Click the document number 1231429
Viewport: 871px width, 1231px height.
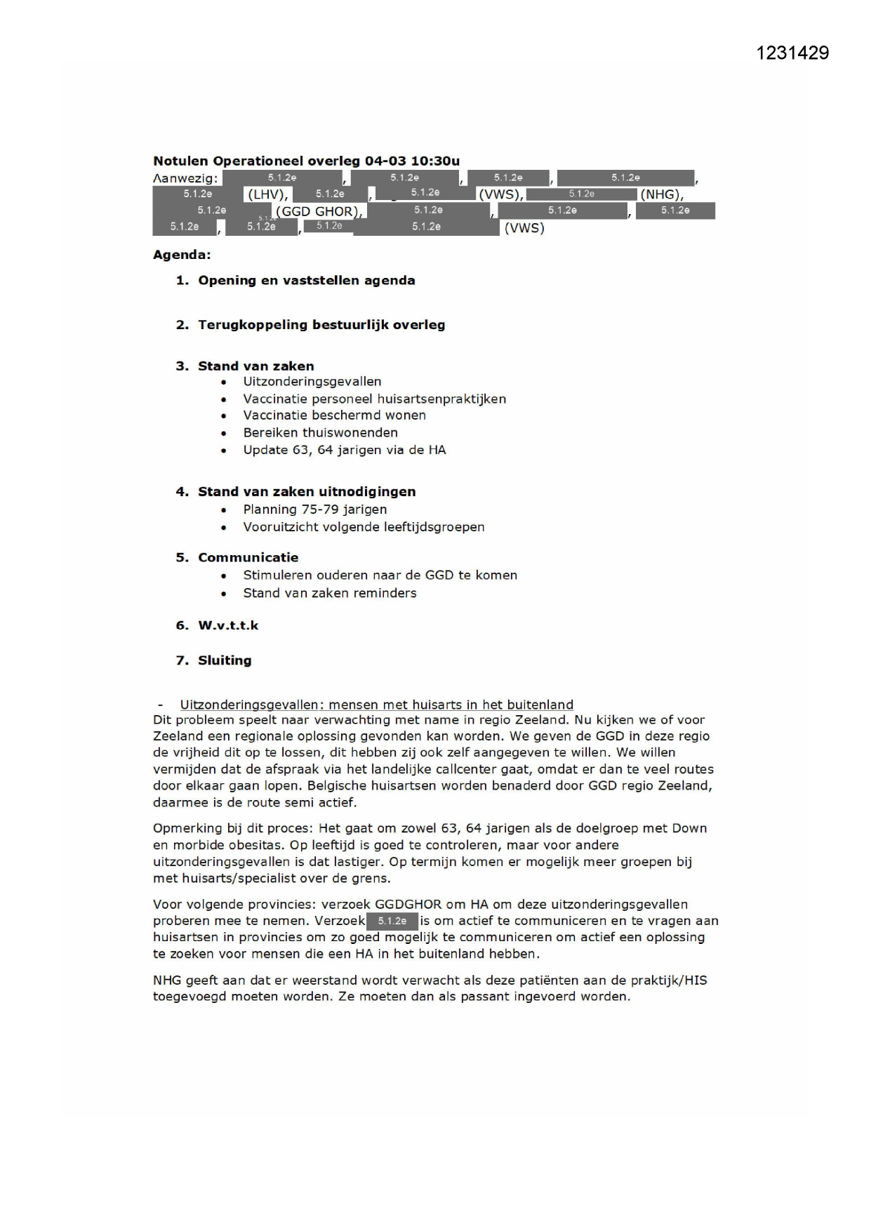[792, 53]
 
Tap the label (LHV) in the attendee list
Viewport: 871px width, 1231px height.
[268, 194]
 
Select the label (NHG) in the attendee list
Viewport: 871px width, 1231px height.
[661, 194]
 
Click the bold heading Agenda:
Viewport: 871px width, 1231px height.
[182, 255]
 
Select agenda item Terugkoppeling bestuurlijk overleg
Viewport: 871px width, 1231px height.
[321, 325]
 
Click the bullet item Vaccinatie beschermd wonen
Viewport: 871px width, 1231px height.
[334, 415]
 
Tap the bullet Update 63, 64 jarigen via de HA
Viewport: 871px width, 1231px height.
[344, 450]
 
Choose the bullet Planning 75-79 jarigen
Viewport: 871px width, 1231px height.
[314, 510]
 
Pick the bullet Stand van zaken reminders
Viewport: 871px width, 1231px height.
[329, 593]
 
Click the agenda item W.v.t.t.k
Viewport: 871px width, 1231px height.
[228, 625]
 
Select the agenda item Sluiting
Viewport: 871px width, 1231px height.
[225, 660]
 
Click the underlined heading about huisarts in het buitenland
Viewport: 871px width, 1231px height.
[376, 705]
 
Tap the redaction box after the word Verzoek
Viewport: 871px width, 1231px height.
[392, 921]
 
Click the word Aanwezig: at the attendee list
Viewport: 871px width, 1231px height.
[185, 179]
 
